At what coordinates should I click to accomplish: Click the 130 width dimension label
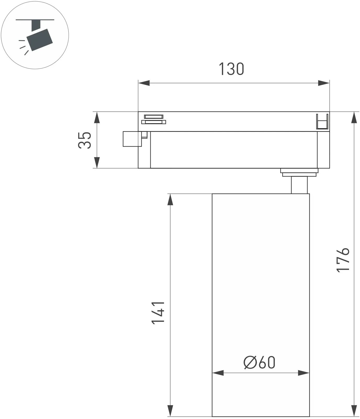pos(231,69)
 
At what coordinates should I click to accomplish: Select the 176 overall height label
pos(343,260)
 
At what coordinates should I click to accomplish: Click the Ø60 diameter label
pos(259,362)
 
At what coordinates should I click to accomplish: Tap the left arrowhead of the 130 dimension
pos(144,83)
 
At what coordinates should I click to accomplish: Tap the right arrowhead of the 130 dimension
pos(324,83)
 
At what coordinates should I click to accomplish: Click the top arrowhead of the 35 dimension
pos(97,117)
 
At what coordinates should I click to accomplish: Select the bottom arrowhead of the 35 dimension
pos(97,162)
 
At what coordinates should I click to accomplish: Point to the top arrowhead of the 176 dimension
pos(354,117)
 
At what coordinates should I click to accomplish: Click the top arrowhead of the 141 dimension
pos(170,199)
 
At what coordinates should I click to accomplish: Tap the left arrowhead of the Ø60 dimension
pos(218,373)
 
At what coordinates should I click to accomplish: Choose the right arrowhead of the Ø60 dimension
pos(304,373)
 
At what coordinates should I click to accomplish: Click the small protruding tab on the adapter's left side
pos(133,139)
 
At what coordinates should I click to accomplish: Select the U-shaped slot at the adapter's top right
pos(322,121)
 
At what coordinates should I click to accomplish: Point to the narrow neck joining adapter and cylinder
pos(299,185)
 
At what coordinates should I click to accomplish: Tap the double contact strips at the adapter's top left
pos(154,119)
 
